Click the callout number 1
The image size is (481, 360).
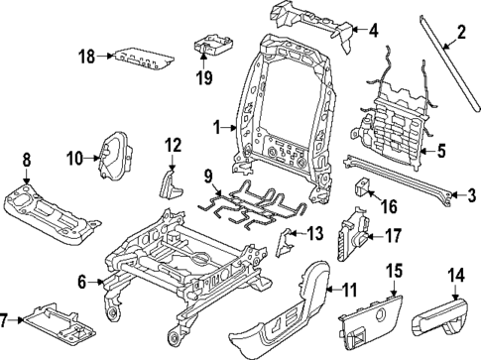tap(217, 126)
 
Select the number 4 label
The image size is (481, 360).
tap(373, 31)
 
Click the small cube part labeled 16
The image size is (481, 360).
tap(363, 187)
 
